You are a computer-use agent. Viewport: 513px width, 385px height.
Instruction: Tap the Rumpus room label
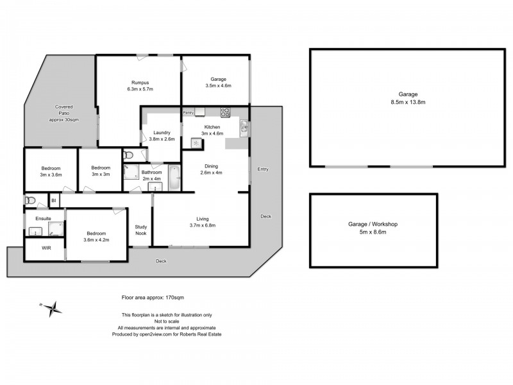tap(140, 82)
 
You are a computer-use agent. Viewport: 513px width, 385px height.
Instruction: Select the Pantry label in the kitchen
tap(189, 112)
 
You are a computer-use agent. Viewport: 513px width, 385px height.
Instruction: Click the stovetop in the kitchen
tap(225, 112)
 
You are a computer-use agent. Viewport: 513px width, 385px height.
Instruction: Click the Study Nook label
tap(140, 230)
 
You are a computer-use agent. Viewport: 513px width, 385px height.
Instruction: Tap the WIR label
tap(46, 248)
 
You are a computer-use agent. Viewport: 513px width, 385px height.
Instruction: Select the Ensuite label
tap(35, 218)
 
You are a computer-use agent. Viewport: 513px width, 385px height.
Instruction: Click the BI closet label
tap(54, 201)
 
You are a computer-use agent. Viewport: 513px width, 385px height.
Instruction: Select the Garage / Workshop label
tap(373, 224)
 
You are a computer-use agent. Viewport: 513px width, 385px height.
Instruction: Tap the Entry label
tap(263, 169)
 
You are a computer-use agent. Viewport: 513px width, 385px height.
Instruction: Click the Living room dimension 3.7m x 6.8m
tap(202, 225)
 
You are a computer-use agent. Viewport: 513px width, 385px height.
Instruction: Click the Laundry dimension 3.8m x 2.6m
tap(162, 139)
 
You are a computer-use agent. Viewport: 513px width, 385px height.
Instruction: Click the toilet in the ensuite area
tap(29, 201)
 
